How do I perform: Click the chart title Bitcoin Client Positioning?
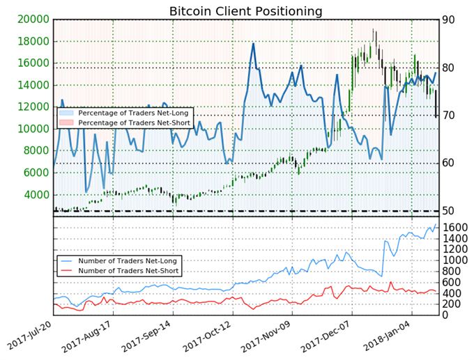(x=246, y=11)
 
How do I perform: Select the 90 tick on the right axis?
(x=450, y=19)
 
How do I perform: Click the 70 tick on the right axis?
(x=450, y=115)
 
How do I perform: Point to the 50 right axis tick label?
(x=450, y=210)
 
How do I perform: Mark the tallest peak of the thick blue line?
(x=253, y=43)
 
